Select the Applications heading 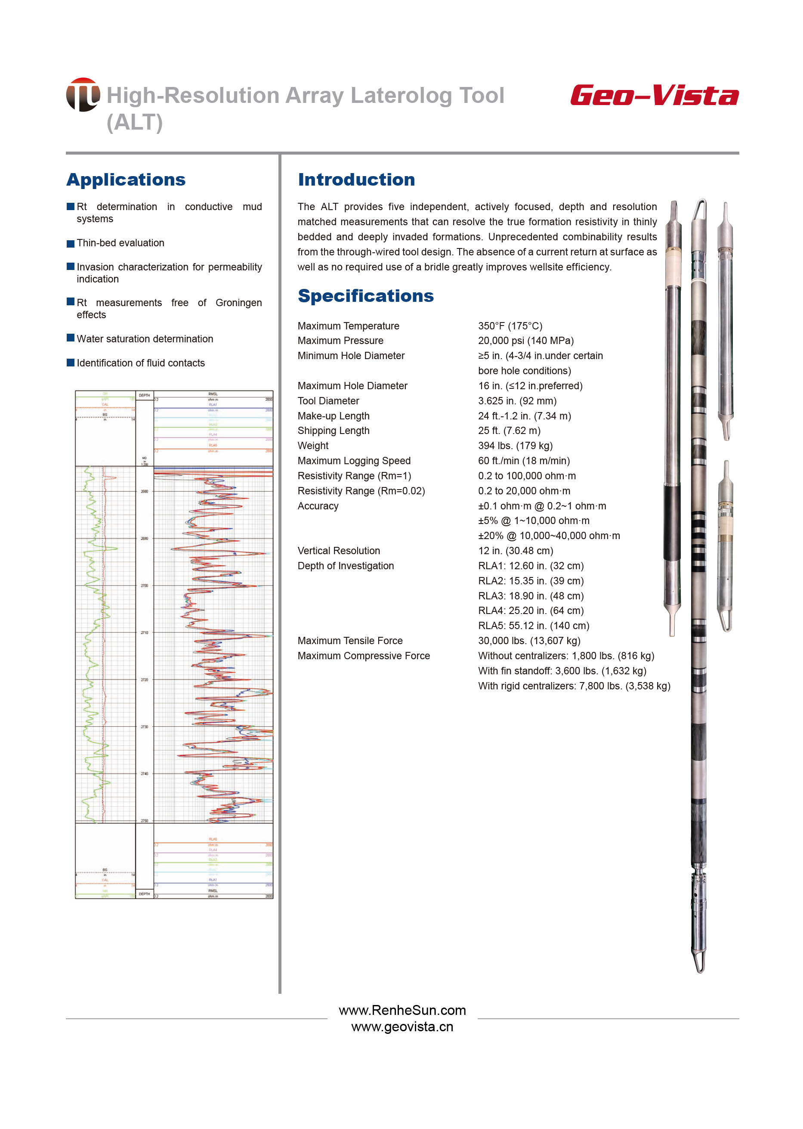[x=126, y=180]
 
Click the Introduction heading [x=356, y=180]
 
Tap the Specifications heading [x=365, y=296]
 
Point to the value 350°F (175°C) [x=510, y=326]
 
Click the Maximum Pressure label [x=340, y=341]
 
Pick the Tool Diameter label [x=328, y=401]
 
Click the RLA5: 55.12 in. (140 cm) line [x=533, y=626]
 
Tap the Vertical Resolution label [x=339, y=551]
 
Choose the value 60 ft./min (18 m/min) [x=524, y=461]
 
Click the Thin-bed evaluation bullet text [x=120, y=243]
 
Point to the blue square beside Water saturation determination [x=71, y=338]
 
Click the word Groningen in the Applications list [x=238, y=303]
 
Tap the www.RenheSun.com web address [x=402, y=1010]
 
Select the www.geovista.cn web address [x=402, y=1027]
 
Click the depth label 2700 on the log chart [x=145, y=586]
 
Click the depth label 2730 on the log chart [x=145, y=727]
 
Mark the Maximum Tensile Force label [x=350, y=641]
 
